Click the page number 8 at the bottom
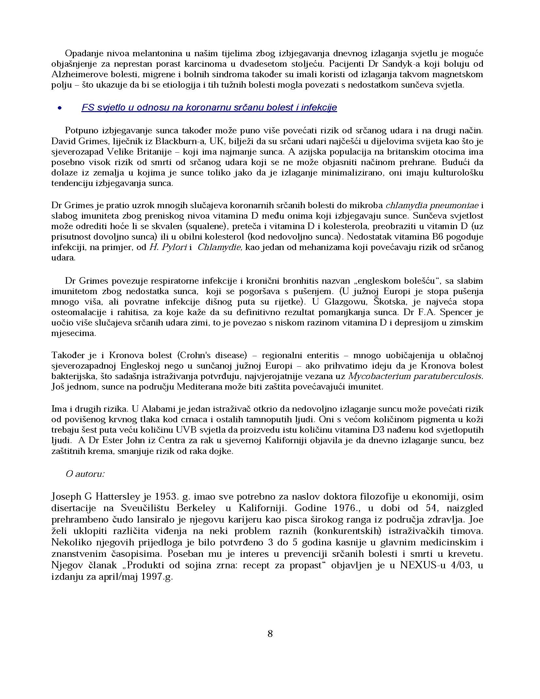tap(270, 634)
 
